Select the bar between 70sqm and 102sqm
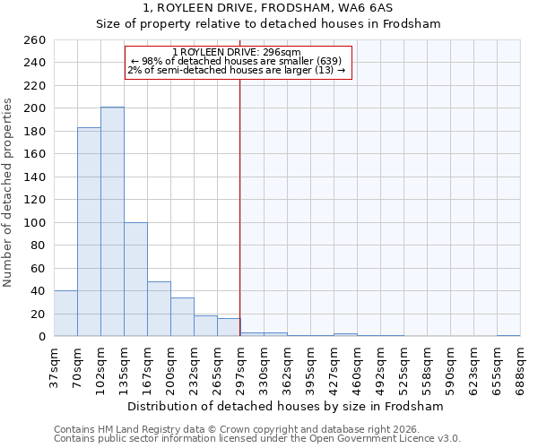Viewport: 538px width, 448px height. (89, 232)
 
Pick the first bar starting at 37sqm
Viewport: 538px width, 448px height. (65, 314)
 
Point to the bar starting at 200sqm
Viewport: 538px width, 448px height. (182, 317)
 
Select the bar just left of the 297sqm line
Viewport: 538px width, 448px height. (229, 328)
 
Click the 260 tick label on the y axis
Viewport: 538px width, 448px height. (35, 40)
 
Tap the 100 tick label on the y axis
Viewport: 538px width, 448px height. (35, 223)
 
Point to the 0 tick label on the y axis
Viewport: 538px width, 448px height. (42, 337)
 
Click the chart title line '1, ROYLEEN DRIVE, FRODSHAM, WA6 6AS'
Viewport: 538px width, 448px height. (268, 7)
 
